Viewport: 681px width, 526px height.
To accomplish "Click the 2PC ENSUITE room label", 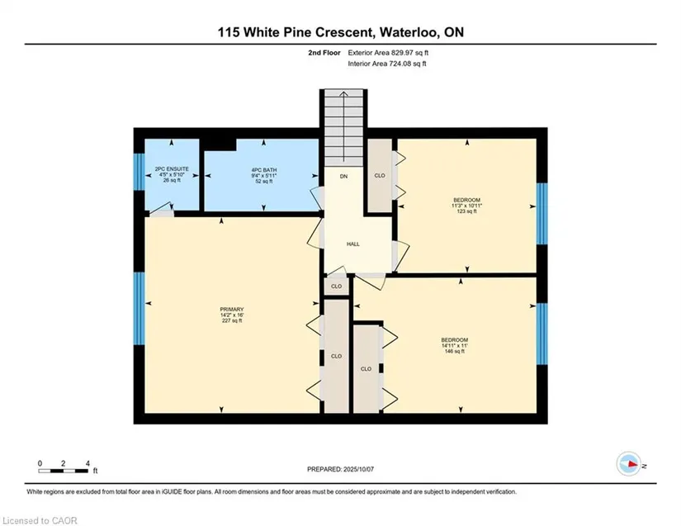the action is pos(172,169).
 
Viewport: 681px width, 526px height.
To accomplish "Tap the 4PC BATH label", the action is pos(264,170).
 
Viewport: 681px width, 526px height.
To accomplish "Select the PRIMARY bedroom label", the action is pos(232,310).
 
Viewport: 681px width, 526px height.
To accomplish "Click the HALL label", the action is pos(353,244).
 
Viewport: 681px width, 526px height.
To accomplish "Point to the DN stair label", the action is pos(344,177).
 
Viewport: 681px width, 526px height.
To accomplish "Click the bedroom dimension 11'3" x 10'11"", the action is pos(467,206).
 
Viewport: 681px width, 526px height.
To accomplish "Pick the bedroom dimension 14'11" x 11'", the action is pos(455,345).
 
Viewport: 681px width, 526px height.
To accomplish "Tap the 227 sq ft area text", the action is pos(232,320).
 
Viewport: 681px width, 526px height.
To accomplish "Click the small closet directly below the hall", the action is pos(337,287).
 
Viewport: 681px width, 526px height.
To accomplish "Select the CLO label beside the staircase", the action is pos(380,176).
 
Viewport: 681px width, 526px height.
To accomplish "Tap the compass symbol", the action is pos(629,464).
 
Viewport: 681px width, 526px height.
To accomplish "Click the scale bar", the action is pos(64,471).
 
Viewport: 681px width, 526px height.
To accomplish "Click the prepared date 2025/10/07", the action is pos(358,469).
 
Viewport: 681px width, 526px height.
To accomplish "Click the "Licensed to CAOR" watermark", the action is pos(40,520).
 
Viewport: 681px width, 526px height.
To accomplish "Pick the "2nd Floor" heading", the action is pos(324,53).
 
